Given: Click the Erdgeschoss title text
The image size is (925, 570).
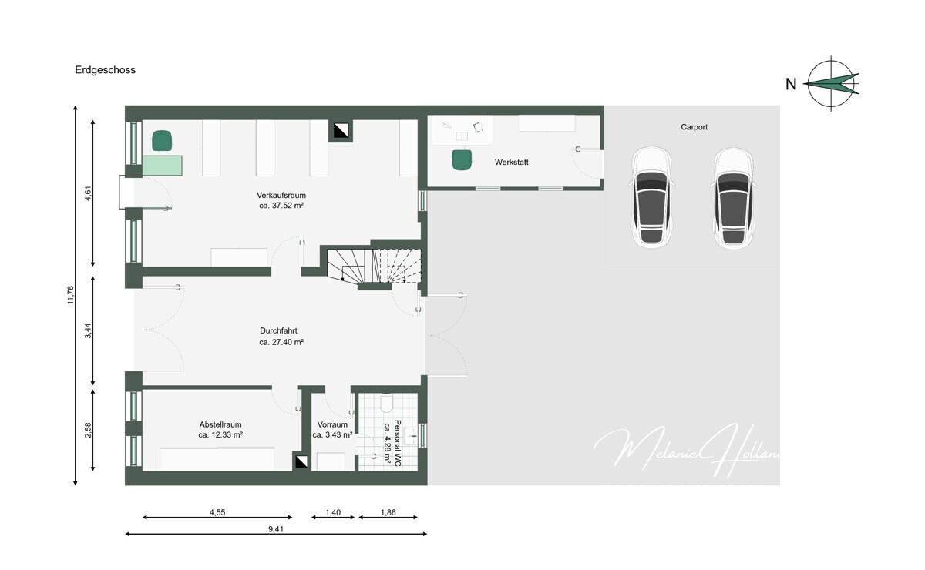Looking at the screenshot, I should pyautogui.click(x=105, y=69).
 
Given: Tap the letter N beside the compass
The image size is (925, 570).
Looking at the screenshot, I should pyautogui.click(x=791, y=85).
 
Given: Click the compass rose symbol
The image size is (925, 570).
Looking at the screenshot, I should pyautogui.click(x=832, y=83).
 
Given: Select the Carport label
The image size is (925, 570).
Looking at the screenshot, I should pyautogui.click(x=694, y=127).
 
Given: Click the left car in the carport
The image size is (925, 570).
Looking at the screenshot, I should pyautogui.click(x=652, y=198).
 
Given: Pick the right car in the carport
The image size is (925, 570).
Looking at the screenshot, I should pyautogui.click(x=732, y=198).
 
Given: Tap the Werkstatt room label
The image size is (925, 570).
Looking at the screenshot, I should pyautogui.click(x=512, y=163).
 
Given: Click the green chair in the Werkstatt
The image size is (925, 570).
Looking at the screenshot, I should pyautogui.click(x=461, y=159).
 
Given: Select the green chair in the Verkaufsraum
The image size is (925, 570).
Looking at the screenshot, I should pyautogui.click(x=162, y=140).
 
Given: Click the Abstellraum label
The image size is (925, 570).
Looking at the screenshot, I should pyautogui.click(x=220, y=424).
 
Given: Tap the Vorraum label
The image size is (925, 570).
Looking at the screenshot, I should pyautogui.click(x=332, y=424).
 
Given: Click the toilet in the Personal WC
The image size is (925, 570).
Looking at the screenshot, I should pyautogui.click(x=387, y=404).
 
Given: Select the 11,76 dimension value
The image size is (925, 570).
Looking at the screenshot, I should pyautogui.click(x=71, y=296).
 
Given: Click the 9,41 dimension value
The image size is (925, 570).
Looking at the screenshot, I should pyautogui.click(x=276, y=528).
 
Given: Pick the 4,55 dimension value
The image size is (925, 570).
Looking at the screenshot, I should pyautogui.click(x=218, y=511).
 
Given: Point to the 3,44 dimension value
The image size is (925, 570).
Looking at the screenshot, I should pyautogui.click(x=89, y=331).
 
